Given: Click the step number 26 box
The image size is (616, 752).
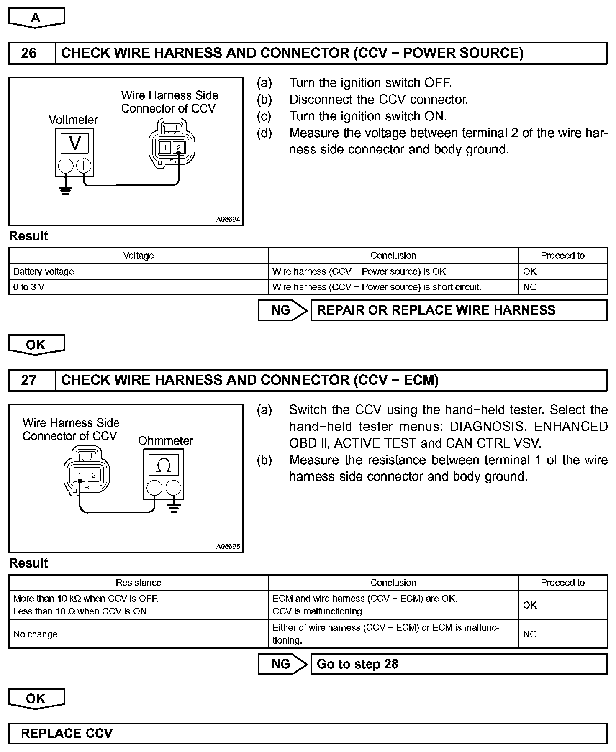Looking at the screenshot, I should click(29, 53).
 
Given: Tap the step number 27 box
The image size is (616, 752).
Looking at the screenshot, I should click(29, 380).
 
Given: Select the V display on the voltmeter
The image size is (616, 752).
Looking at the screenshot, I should click(75, 143).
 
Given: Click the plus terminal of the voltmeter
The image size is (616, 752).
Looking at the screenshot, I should click(84, 166).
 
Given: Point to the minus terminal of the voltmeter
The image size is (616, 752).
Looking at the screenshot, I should click(66, 166).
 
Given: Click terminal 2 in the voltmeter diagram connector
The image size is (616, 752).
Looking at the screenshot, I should click(179, 147).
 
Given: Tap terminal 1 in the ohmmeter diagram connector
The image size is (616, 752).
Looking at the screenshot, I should click(79, 475).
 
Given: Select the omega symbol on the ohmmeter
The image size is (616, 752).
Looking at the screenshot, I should click(163, 465).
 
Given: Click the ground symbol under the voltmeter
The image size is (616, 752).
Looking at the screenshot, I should click(65, 191).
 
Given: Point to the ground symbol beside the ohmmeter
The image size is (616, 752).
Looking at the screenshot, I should click(174, 508).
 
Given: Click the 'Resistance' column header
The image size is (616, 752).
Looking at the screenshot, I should click(139, 583).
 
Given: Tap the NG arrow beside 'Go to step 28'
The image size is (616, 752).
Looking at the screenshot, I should click(282, 664).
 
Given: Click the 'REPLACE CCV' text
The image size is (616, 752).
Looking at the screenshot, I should click(67, 734).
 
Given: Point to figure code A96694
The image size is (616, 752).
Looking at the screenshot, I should click(228, 220).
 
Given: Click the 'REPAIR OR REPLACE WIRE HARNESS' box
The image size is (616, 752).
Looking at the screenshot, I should click(459, 310).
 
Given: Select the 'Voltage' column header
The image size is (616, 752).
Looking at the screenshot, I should click(139, 256).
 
